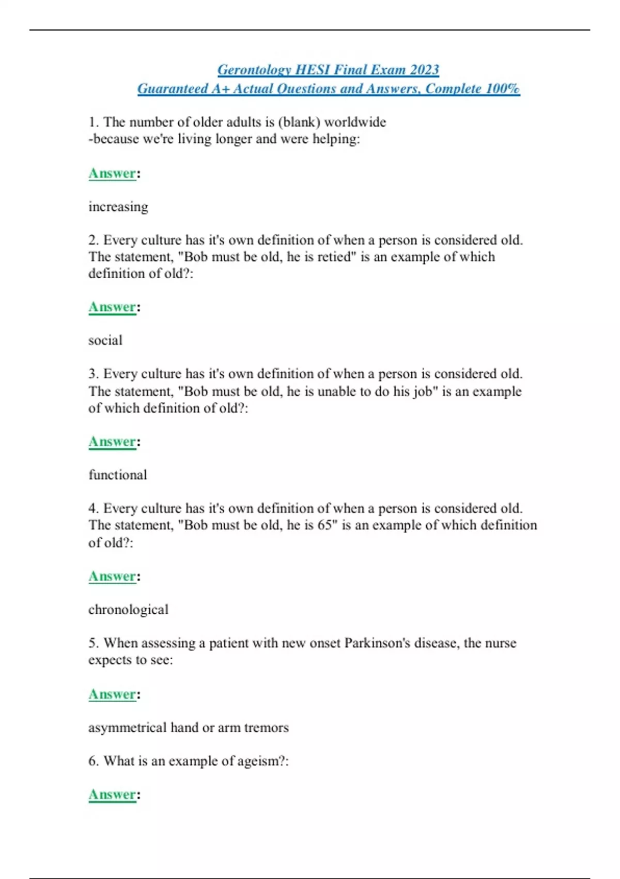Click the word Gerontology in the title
[x=254, y=70]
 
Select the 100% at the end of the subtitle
[x=503, y=88]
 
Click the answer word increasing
[x=118, y=207]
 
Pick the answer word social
[x=105, y=340]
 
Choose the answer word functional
[x=118, y=475]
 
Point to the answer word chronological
[x=128, y=610]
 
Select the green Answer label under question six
[x=112, y=794]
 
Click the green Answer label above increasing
[x=112, y=173]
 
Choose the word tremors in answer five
[x=266, y=728]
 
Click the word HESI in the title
[x=312, y=70]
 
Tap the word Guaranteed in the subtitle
[x=172, y=88]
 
